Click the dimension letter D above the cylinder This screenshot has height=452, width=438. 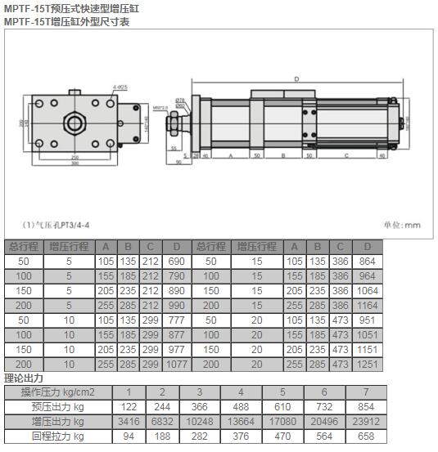point(296,78)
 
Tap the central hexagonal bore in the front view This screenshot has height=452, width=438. point(75,123)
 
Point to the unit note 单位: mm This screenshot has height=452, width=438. point(400,225)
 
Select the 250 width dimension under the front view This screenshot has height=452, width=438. point(75,157)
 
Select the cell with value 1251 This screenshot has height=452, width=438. point(368,364)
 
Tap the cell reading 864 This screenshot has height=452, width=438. point(368,261)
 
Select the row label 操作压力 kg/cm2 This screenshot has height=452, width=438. point(57,392)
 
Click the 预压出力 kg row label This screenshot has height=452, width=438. point(57,407)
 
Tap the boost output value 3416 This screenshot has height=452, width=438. point(128,422)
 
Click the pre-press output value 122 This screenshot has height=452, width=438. point(128,407)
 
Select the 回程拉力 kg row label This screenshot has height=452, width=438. point(57,436)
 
